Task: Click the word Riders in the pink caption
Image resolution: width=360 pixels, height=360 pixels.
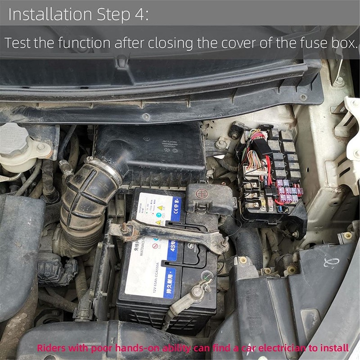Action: pos(50,347)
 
